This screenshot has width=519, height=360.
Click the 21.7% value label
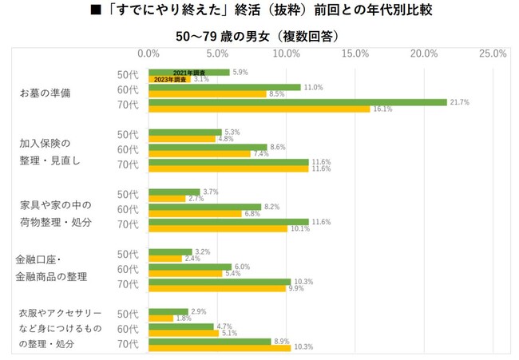click(x=459, y=102)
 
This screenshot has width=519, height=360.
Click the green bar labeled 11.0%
click(x=224, y=87)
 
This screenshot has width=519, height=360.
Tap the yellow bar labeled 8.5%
click(x=208, y=94)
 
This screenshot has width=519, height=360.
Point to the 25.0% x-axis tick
click(x=493, y=53)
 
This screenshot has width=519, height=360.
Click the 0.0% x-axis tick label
click(x=149, y=53)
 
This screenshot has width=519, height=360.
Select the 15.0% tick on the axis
click(x=355, y=53)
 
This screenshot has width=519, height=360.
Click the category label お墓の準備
click(x=46, y=93)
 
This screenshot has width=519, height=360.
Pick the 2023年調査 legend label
click(x=169, y=80)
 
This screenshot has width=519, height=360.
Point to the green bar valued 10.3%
click(x=220, y=282)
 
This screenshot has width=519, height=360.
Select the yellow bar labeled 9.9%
click(x=217, y=289)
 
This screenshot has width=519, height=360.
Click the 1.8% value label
click(x=184, y=318)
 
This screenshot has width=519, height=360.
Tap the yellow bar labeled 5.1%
click(x=184, y=334)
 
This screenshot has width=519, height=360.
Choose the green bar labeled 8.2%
click(x=205, y=207)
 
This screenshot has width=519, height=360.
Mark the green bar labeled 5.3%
click(x=185, y=133)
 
